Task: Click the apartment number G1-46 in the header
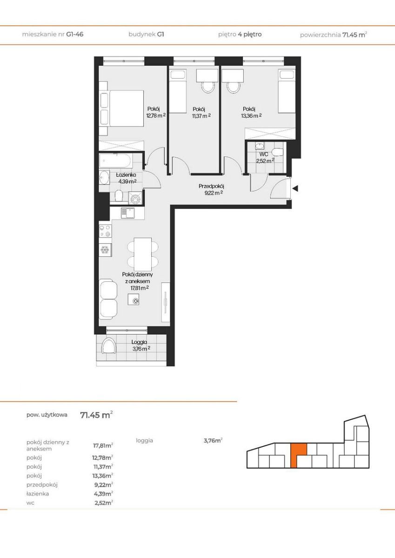pyautogui.click(x=75, y=34)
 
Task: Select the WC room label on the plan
pyautogui.click(x=264, y=154)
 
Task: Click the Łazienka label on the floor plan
pyautogui.click(x=126, y=175)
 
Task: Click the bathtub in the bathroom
pyautogui.click(x=115, y=161)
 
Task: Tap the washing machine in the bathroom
pyautogui.click(x=135, y=198)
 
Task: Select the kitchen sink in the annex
pyautogui.click(x=127, y=213)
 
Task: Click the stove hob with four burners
pyautogui.click(x=105, y=231)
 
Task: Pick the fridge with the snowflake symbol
pyautogui.click(x=105, y=250)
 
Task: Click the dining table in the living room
pyautogui.click(x=143, y=254)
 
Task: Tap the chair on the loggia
pyautogui.click(x=109, y=345)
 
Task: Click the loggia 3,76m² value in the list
pyautogui.click(x=213, y=440)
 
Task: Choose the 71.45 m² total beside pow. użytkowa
pyautogui.click(x=96, y=415)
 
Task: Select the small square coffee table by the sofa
pyautogui.click(x=134, y=299)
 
